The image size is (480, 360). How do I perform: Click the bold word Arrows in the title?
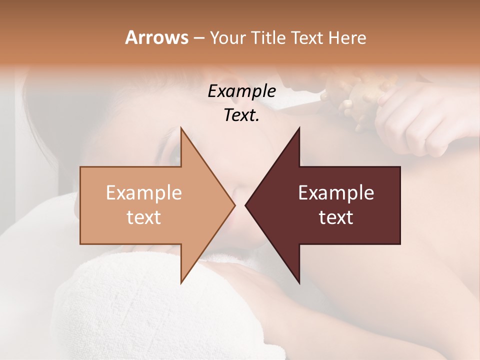coord(157,37)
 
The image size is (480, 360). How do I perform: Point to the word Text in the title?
coord(306,38)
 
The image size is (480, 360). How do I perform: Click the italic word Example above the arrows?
coord(241,91)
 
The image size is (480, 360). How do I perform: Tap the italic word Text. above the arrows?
coord(241,115)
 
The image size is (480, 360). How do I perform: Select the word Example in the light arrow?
coord(144,192)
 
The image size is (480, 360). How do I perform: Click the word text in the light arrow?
coord(144,217)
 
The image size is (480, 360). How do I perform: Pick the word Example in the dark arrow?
coord(336,192)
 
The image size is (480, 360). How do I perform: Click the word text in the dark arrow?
coord(336,217)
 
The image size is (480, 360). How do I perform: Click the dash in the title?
coord(198,38)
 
